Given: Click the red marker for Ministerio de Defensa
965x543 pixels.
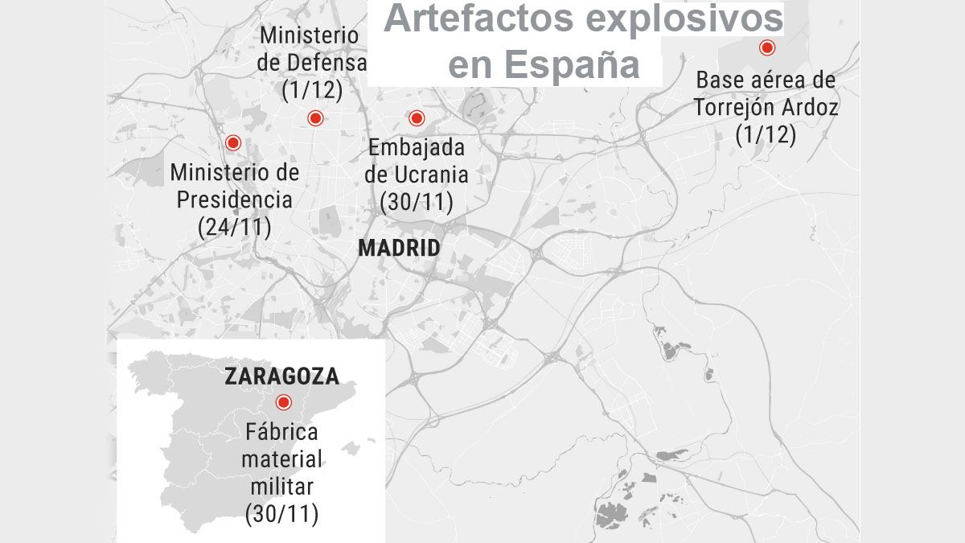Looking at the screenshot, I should click(x=314, y=118).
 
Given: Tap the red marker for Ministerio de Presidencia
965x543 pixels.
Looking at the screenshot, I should click(x=233, y=142).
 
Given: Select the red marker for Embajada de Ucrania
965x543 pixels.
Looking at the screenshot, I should click(x=416, y=118).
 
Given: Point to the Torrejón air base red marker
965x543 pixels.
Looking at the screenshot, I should click(x=767, y=48).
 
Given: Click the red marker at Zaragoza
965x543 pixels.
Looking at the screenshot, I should click(x=282, y=402).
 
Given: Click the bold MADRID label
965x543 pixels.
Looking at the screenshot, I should click(x=399, y=248).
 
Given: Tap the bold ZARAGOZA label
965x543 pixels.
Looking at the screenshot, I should click(x=281, y=376).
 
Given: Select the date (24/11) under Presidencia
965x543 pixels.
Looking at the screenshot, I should click(x=234, y=227).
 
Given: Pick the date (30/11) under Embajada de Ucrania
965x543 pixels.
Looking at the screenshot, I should click(x=416, y=202).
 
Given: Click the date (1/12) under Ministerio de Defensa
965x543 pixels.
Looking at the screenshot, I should click(x=312, y=89).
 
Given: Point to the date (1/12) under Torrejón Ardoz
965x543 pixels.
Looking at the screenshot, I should click(x=766, y=134).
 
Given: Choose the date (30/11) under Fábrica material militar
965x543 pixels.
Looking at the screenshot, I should click(x=281, y=514).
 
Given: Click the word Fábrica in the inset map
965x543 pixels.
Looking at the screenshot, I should click(x=281, y=431).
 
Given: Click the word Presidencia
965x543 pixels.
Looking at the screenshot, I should click(x=234, y=200).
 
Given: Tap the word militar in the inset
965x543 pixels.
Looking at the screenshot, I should click(x=281, y=486).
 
